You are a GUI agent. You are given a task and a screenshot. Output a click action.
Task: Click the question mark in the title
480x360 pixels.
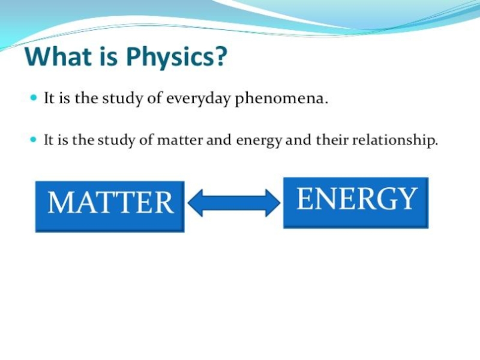(x=221, y=56)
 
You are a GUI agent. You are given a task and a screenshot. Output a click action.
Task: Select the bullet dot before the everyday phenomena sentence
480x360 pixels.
(x=34, y=98)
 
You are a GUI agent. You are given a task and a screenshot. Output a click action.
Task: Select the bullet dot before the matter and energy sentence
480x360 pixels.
(x=34, y=140)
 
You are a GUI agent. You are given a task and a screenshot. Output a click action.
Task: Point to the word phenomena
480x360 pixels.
(x=281, y=99)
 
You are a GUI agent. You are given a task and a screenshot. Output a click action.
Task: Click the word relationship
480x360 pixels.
(x=395, y=140)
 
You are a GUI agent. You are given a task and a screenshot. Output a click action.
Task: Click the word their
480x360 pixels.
(x=332, y=140)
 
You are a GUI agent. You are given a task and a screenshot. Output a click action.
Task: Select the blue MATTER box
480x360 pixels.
(x=110, y=206)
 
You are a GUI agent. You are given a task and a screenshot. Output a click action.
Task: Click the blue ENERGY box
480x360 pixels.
(x=356, y=203)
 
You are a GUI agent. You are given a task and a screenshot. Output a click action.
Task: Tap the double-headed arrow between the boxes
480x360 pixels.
(x=234, y=203)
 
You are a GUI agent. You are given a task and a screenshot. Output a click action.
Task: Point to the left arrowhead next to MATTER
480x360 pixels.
(x=195, y=203)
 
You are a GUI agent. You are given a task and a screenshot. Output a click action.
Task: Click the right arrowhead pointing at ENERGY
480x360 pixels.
(x=273, y=203)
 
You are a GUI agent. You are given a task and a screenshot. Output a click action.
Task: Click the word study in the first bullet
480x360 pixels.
(x=122, y=99)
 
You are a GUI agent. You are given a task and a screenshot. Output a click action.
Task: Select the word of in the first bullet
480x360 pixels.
(x=155, y=98)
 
